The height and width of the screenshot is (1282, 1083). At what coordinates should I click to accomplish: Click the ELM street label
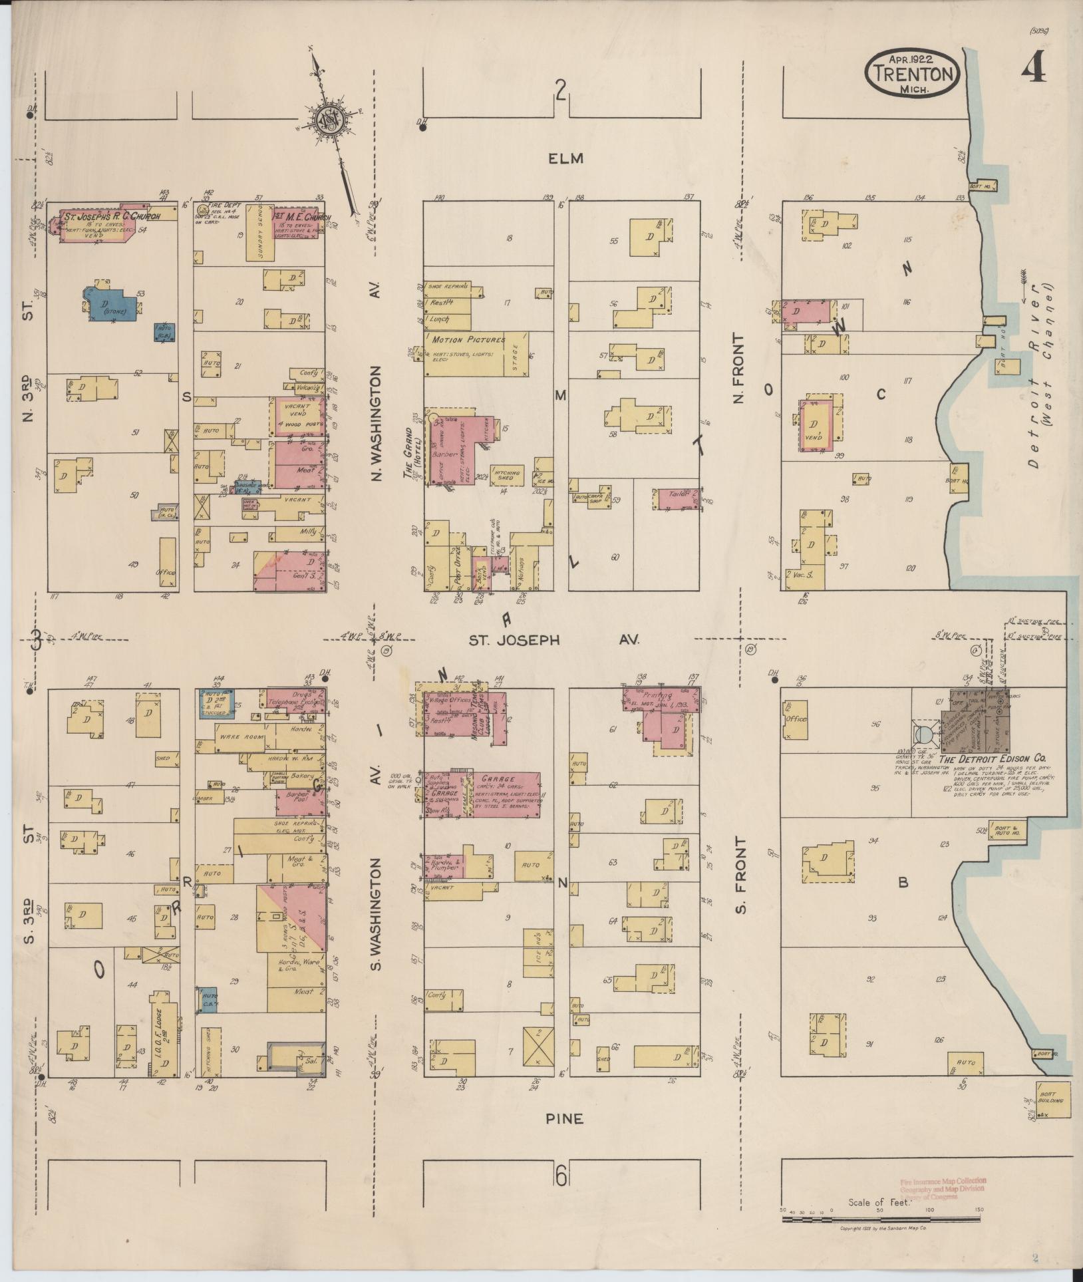pos(565,158)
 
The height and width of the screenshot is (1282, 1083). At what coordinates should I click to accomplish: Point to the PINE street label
pos(565,1118)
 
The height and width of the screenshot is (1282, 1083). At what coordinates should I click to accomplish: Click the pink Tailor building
pos(677,498)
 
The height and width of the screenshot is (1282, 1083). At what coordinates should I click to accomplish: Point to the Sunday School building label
pos(257,233)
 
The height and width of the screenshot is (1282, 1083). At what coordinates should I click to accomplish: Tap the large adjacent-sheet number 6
pos(561,1178)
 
